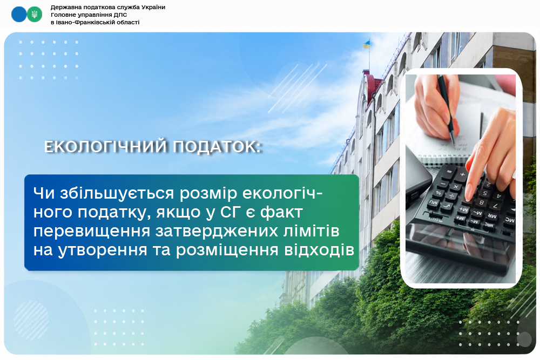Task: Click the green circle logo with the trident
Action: click(34, 14)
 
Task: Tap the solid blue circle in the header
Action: click(19, 14)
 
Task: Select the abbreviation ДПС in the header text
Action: click(121, 15)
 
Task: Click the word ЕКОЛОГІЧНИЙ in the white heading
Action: click(106, 147)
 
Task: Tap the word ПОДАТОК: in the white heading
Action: click(217, 147)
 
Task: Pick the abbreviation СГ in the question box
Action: click(230, 212)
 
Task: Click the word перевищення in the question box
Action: click(92, 232)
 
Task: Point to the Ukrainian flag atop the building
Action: click(367, 44)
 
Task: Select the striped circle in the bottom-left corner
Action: click(31, 320)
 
